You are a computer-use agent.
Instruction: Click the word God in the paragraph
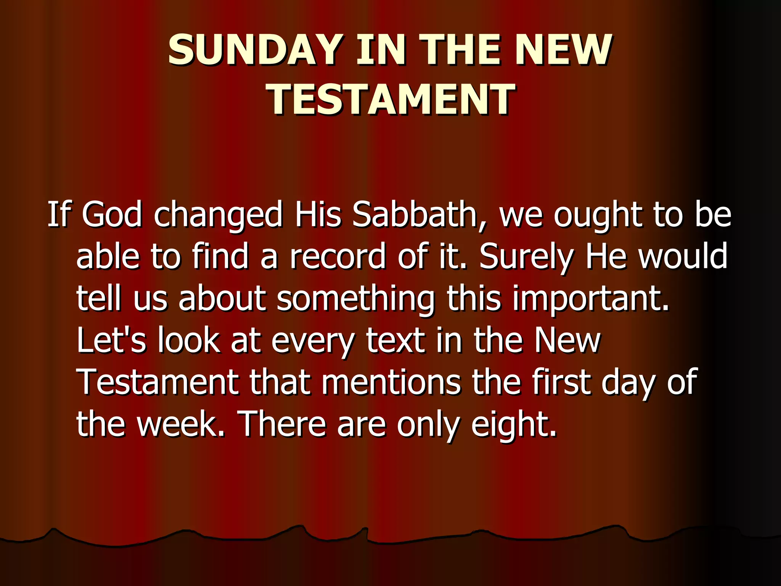click(x=112, y=214)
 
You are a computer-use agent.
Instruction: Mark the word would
click(x=683, y=256)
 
